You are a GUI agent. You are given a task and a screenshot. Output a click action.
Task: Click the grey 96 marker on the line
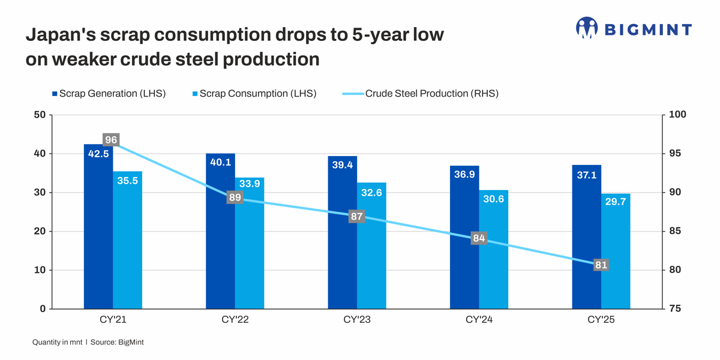point(111,140)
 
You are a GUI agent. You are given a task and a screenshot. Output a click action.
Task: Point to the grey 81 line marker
point(601,265)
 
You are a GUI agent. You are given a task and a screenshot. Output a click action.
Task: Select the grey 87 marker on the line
point(357,217)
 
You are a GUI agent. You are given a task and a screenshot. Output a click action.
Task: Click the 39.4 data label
point(342,165)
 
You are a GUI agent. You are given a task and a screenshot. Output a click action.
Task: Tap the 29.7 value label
point(616,202)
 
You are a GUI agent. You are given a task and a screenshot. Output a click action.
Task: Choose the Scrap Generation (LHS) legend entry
point(109,94)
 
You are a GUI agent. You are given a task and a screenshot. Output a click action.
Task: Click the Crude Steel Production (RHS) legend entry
point(420,94)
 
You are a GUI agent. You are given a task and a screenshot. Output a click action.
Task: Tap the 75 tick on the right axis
point(675,309)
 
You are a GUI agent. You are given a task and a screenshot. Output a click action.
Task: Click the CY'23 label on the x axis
point(357,320)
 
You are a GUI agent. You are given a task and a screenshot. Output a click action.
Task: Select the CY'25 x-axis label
point(601,320)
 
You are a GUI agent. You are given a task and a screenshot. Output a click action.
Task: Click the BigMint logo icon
point(587,28)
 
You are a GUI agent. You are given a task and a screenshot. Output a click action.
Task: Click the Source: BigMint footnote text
point(117,342)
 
